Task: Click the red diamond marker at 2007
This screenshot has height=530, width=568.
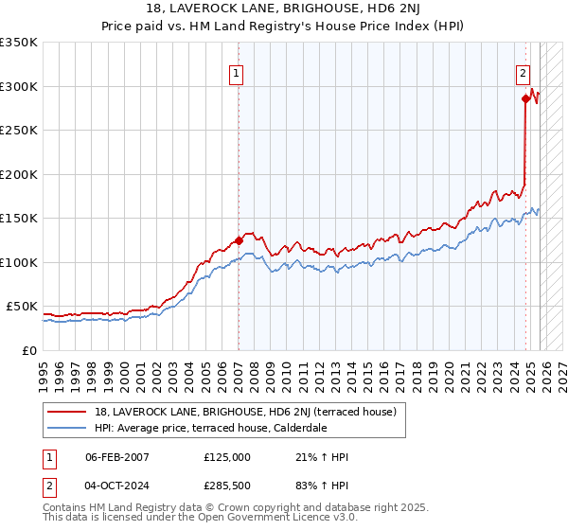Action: click(239, 240)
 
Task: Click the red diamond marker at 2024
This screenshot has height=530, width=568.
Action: click(524, 97)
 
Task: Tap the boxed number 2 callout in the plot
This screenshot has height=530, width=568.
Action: click(522, 71)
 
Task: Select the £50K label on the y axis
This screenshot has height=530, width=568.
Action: click(22, 307)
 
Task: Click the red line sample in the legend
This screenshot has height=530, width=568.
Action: click(68, 412)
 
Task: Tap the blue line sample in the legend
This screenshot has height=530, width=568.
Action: click(68, 428)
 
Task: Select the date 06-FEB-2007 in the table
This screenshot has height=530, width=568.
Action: click(116, 457)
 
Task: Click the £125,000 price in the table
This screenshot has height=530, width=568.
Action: click(227, 457)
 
